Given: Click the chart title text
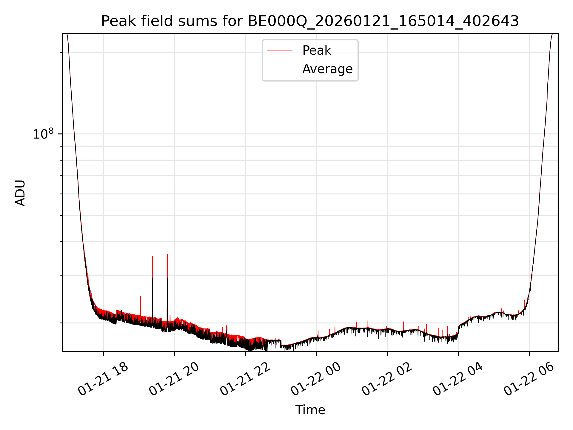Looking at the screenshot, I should coord(310,21).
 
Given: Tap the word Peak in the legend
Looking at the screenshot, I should coord(317,50).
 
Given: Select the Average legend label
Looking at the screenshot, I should coord(327,69).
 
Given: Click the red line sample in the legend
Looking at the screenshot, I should coord(280,50).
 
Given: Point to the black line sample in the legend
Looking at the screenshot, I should coord(280,69).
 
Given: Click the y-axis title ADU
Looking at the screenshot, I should coord(20,193).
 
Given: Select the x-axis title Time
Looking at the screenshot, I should coord(310,410).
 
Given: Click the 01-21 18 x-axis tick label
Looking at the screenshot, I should coord(103,379).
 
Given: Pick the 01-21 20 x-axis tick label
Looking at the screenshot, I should coord(174,379).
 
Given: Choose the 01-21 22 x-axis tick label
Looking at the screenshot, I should coord(245,379).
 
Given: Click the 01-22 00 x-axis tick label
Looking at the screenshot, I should coord(316,379).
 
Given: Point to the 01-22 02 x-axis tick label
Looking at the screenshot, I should coord(387,379).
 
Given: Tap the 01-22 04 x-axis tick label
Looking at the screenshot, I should coord(458,379).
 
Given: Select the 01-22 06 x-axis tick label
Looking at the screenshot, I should coord(529,379).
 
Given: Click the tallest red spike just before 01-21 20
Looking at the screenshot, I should coord(167,254).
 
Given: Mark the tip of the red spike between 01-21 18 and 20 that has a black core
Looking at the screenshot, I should coord(153,256).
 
